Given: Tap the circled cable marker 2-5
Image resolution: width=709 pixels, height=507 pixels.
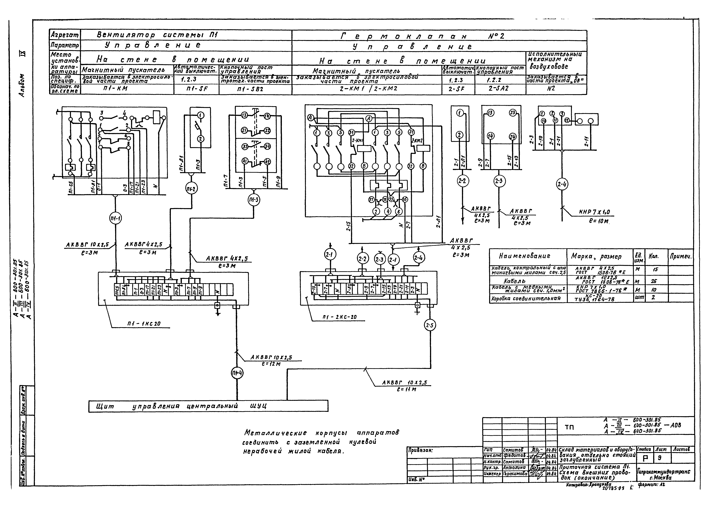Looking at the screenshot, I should pos(430,326).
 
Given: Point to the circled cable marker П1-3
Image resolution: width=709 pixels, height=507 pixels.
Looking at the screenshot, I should pos(254,200).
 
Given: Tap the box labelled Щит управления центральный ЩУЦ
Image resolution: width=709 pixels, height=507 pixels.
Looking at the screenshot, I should pos(208,406).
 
